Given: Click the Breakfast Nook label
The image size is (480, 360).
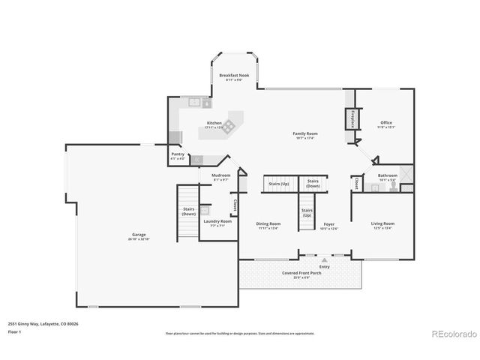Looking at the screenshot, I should (233, 76).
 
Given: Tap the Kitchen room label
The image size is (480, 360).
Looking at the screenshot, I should (214, 123).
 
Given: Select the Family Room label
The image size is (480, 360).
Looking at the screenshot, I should (304, 133).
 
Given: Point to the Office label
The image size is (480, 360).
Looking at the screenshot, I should (385, 123).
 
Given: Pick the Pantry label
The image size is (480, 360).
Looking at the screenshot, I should (178, 154).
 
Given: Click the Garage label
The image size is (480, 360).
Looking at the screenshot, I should (139, 235).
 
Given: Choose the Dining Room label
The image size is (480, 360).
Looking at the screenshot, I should (268, 223).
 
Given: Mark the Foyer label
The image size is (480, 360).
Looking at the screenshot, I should (328, 223).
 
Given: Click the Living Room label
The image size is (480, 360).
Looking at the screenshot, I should (382, 223).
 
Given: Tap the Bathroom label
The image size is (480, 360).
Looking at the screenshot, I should (387, 175).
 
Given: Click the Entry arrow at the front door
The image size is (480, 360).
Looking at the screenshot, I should (324, 260).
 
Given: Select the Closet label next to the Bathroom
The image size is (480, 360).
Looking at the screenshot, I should (355, 183).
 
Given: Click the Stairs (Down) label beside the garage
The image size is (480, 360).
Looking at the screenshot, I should (188, 211).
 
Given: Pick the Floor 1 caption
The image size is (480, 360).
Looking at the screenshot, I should (15, 331).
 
